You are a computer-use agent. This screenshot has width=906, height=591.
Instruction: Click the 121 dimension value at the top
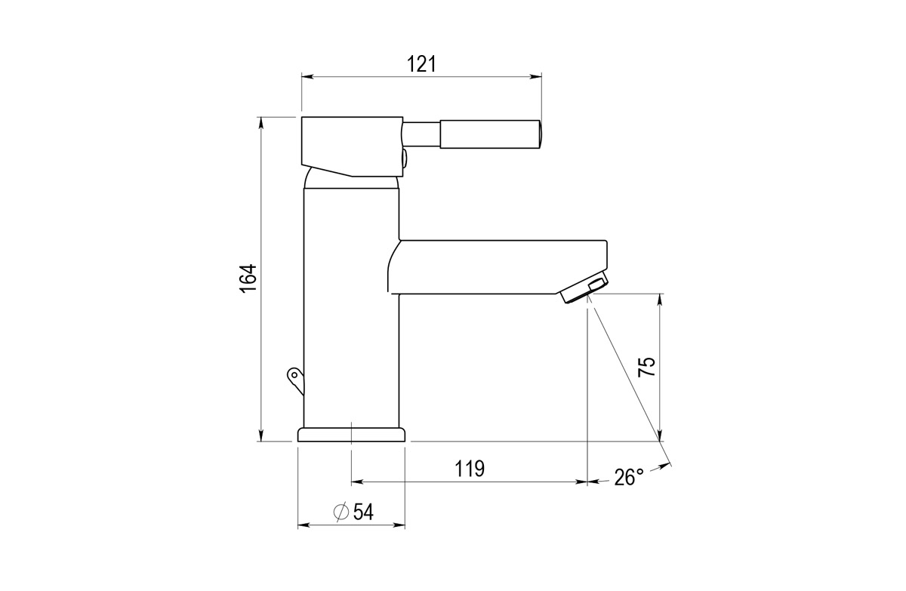tap(421, 64)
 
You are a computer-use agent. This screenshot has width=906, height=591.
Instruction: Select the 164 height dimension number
tap(248, 279)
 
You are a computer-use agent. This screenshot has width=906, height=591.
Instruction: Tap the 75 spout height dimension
tap(646, 367)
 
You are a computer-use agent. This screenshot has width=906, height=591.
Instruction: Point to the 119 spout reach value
tap(469, 469)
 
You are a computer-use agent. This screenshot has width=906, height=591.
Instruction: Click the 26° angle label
tap(629, 478)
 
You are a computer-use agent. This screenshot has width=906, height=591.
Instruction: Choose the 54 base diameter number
tap(363, 513)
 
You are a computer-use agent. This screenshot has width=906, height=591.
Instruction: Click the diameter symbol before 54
tap(341, 513)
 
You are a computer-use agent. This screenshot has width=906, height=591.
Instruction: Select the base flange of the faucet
tap(352, 435)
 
